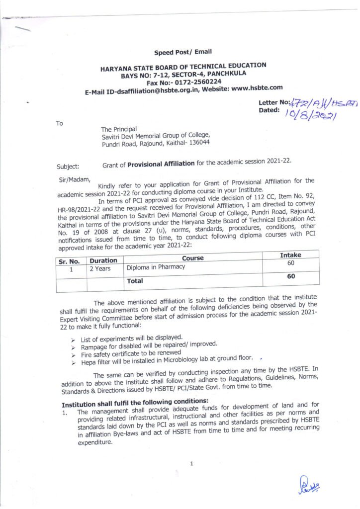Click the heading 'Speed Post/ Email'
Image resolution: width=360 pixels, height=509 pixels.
tap(183, 52)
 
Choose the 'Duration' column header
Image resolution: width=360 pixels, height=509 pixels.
tap(103, 260)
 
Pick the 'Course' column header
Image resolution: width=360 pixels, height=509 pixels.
tap(192, 257)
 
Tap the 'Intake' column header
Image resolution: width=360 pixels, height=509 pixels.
tap(290, 255)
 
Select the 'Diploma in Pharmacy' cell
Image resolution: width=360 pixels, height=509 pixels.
tap(156, 267)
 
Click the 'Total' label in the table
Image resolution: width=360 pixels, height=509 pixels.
tap(135, 281)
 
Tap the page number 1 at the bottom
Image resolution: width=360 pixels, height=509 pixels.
tap(191, 464)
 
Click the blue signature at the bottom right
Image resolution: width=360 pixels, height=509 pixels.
tap(309, 483)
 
